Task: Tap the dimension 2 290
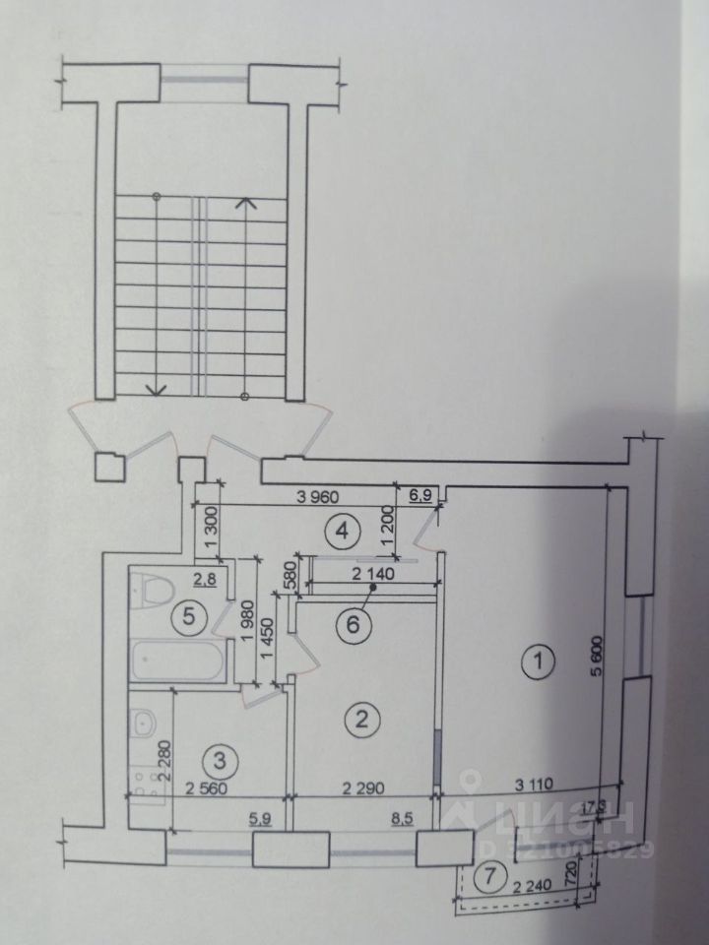pyautogui.click(x=363, y=786)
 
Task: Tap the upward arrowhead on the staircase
pyautogui.click(x=246, y=204)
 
